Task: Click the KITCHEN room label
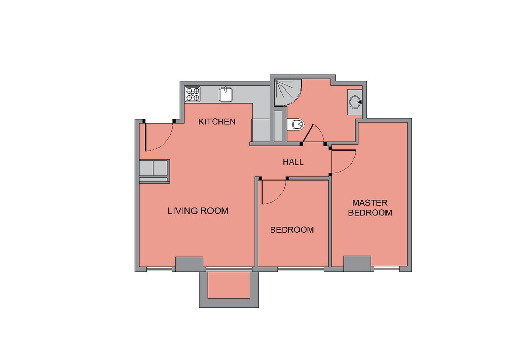217,121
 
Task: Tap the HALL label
293,162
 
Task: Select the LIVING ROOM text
198,211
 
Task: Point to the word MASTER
370,203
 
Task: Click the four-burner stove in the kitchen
192,94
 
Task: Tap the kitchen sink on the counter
226,95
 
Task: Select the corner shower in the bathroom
288,93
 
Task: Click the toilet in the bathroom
296,124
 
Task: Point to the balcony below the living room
229,285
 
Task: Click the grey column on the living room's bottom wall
189,264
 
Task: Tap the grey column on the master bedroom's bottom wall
357,263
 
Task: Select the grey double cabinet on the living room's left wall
154,168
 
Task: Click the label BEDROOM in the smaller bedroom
292,230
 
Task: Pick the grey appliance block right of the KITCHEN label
260,130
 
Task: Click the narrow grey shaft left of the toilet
278,127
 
